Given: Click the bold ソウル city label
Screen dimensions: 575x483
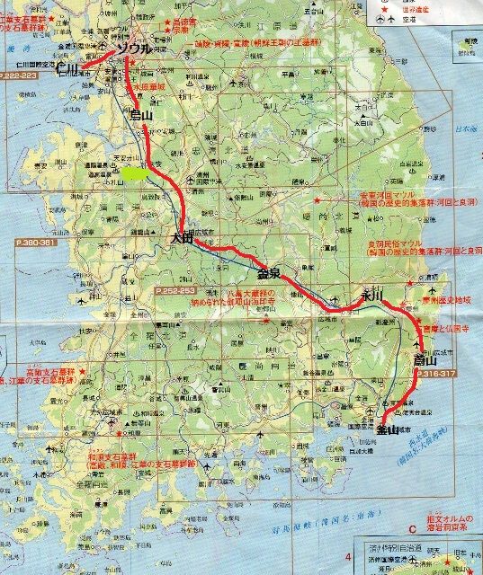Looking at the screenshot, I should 135,49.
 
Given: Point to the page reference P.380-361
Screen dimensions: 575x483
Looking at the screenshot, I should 35,243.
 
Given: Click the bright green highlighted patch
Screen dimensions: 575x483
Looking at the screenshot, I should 137,172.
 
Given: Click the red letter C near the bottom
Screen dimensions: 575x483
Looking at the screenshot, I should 412,529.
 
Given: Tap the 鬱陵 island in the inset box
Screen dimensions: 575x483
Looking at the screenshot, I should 467,45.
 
